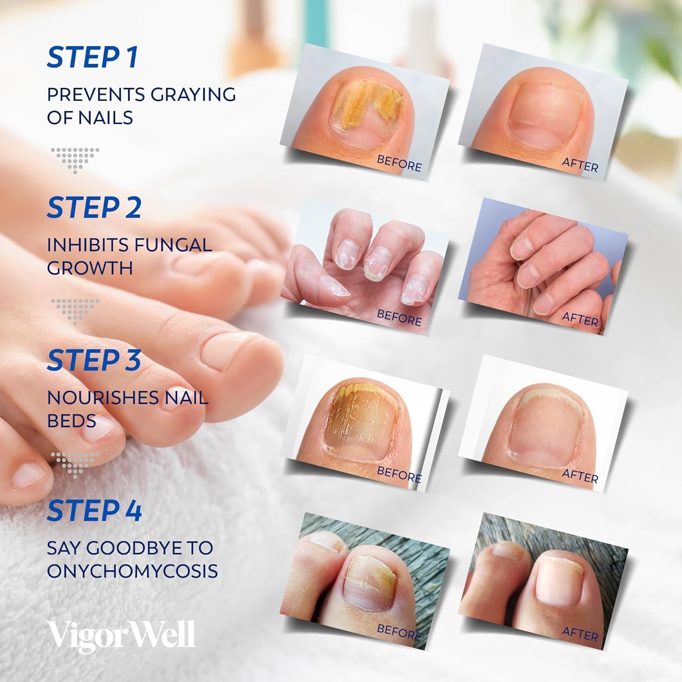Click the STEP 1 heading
coord(92,58)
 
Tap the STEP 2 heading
coord(94,208)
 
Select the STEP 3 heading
coord(94,360)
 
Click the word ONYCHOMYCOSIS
coord(132,571)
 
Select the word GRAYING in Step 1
coord(193,95)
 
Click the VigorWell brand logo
coord(121,635)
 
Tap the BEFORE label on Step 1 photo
coord(399,163)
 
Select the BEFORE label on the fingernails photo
coord(399,317)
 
